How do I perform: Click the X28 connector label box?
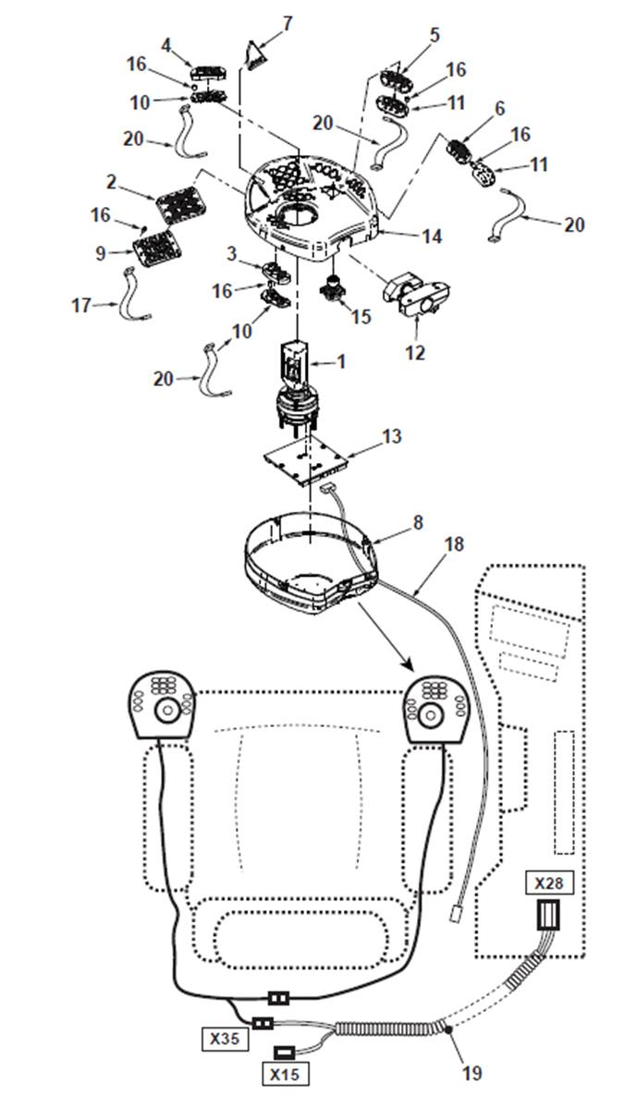[x=549, y=882]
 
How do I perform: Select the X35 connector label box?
[x=226, y=1039]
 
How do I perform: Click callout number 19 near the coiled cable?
[x=472, y=1073]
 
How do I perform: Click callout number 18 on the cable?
[x=455, y=544]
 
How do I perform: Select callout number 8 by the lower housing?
[x=418, y=522]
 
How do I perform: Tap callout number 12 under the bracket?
[x=415, y=351]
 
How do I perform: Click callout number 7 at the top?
[x=287, y=23]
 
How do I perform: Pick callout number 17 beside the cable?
[x=82, y=305]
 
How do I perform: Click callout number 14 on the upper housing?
[x=432, y=236]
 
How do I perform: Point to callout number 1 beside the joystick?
[x=341, y=362]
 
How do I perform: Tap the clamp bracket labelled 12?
[x=416, y=298]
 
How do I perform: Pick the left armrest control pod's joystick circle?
[x=167, y=712]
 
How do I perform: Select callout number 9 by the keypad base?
[x=101, y=252]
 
